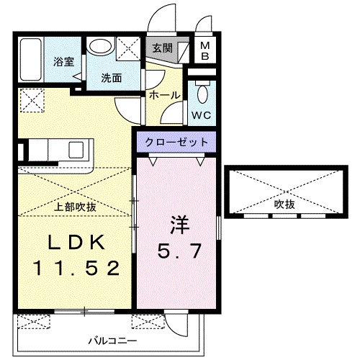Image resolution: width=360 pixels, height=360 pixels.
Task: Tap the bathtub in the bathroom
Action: [32, 60]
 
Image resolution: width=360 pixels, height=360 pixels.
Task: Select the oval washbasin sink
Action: [100, 47]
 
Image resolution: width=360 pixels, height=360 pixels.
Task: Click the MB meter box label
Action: [204, 51]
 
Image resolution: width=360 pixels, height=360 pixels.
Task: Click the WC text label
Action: [201, 113]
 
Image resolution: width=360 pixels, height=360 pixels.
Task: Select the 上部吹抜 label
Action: [76, 207]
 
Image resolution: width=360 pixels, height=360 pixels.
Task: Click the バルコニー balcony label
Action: [109, 337]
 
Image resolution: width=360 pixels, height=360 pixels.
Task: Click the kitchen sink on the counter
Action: [76, 150]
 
